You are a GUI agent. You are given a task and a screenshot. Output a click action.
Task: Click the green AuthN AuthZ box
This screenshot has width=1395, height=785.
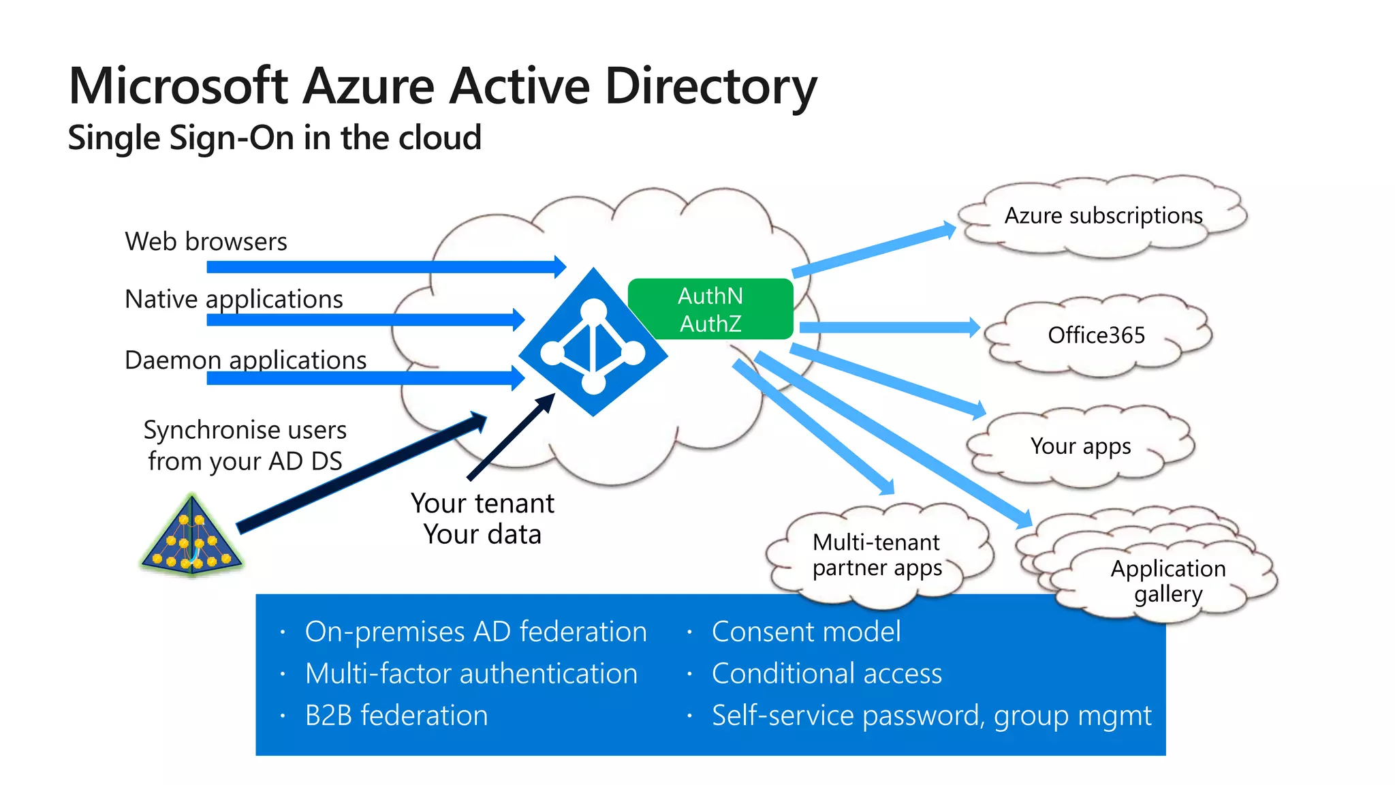(x=710, y=309)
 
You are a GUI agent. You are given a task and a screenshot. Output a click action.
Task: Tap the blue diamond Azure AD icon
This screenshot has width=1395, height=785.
(x=593, y=342)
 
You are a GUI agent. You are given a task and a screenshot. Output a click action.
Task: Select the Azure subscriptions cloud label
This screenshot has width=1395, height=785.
(x=1103, y=216)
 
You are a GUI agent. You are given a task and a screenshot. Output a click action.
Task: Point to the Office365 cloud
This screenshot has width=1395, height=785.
(x=1096, y=335)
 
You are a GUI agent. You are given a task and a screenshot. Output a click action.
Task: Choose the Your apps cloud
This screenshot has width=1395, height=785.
(x=1080, y=446)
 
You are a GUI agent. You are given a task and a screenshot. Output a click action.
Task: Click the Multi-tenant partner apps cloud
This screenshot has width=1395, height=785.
(x=877, y=555)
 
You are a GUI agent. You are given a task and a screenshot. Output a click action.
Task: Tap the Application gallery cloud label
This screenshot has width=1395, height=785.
(x=1167, y=581)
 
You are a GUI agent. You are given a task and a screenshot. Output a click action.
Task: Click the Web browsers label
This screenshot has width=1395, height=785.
(x=206, y=242)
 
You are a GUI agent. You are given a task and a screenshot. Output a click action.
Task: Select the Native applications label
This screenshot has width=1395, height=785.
(x=234, y=299)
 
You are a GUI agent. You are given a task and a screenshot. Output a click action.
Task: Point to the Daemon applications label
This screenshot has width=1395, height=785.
(x=245, y=360)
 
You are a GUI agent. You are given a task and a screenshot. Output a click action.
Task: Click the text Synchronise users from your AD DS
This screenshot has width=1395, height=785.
(x=245, y=446)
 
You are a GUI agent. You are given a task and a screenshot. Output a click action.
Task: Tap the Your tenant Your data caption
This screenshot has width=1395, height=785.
(x=482, y=519)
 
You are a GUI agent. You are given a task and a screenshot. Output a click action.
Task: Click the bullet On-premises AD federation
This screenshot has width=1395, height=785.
(x=475, y=632)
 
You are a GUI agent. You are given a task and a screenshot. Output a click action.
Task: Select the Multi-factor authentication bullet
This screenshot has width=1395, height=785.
(x=471, y=674)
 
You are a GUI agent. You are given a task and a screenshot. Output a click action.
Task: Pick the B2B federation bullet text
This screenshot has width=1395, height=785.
(x=396, y=715)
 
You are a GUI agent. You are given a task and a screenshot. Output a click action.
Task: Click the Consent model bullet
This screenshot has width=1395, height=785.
(x=806, y=632)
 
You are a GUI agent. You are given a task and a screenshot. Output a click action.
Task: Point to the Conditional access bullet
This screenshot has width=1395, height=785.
(x=826, y=674)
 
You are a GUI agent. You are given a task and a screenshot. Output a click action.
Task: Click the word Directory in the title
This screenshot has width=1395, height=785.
(x=710, y=87)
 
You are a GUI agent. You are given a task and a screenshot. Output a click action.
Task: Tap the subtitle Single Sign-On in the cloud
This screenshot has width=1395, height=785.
(x=275, y=138)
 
